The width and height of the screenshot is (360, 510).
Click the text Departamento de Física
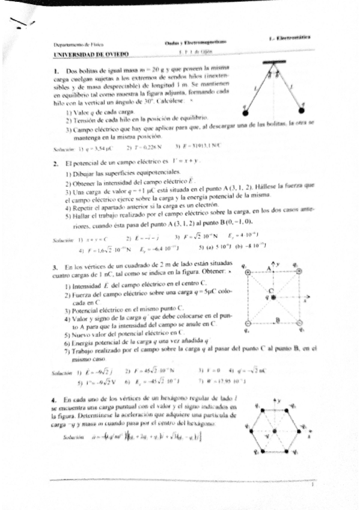point(75,45)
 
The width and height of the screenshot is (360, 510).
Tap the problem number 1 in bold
point(55,71)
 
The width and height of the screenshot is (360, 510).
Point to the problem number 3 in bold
point(55,266)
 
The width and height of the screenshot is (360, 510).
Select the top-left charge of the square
point(248,272)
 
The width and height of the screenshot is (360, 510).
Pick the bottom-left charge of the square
point(248,323)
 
